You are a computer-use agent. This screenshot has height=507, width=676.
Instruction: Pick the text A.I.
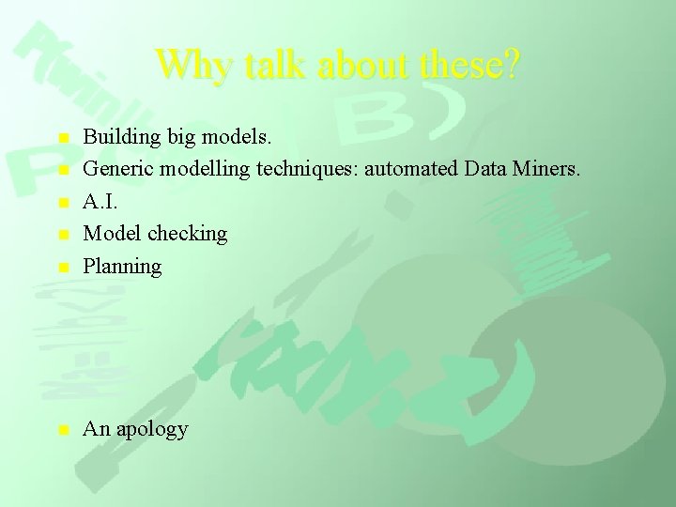click(100, 202)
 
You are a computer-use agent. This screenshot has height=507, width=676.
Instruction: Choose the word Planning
click(122, 267)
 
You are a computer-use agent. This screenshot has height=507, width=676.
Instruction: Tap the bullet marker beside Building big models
click(62, 139)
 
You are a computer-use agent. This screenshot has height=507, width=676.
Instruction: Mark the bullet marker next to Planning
click(62, 267)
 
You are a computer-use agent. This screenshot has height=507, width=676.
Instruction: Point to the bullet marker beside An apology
click(62, 430)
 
